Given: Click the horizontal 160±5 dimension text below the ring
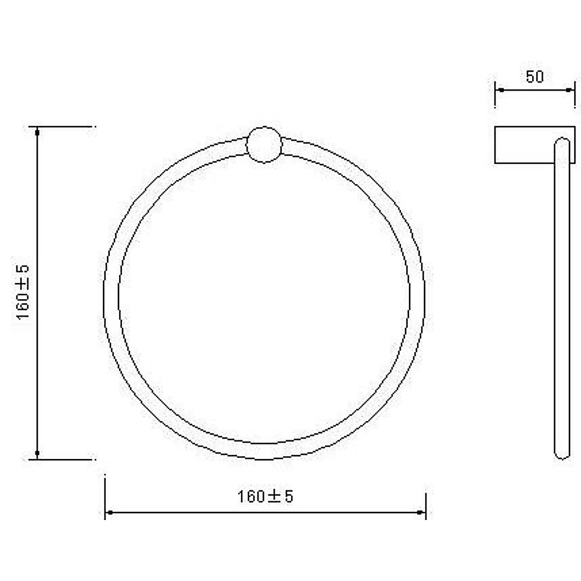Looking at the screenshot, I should (265, 497).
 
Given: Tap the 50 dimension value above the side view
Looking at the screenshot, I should (535, 77).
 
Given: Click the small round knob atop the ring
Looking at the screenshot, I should (264, 144).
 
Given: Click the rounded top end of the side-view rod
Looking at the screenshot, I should (561, 141).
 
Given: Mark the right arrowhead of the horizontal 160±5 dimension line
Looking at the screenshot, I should (422, 512).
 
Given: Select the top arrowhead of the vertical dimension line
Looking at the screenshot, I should (37, 132).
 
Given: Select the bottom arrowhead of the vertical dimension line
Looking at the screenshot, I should (37, 453).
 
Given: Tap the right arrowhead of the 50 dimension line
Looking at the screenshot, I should (571, 90).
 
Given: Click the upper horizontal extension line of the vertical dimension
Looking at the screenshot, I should (64, 126).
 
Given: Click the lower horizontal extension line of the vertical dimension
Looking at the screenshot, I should (64, 460).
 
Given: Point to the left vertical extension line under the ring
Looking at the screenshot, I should (105, 494).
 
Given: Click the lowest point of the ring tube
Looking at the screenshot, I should (264, 452).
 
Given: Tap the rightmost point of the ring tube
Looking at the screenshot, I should (418, 293).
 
